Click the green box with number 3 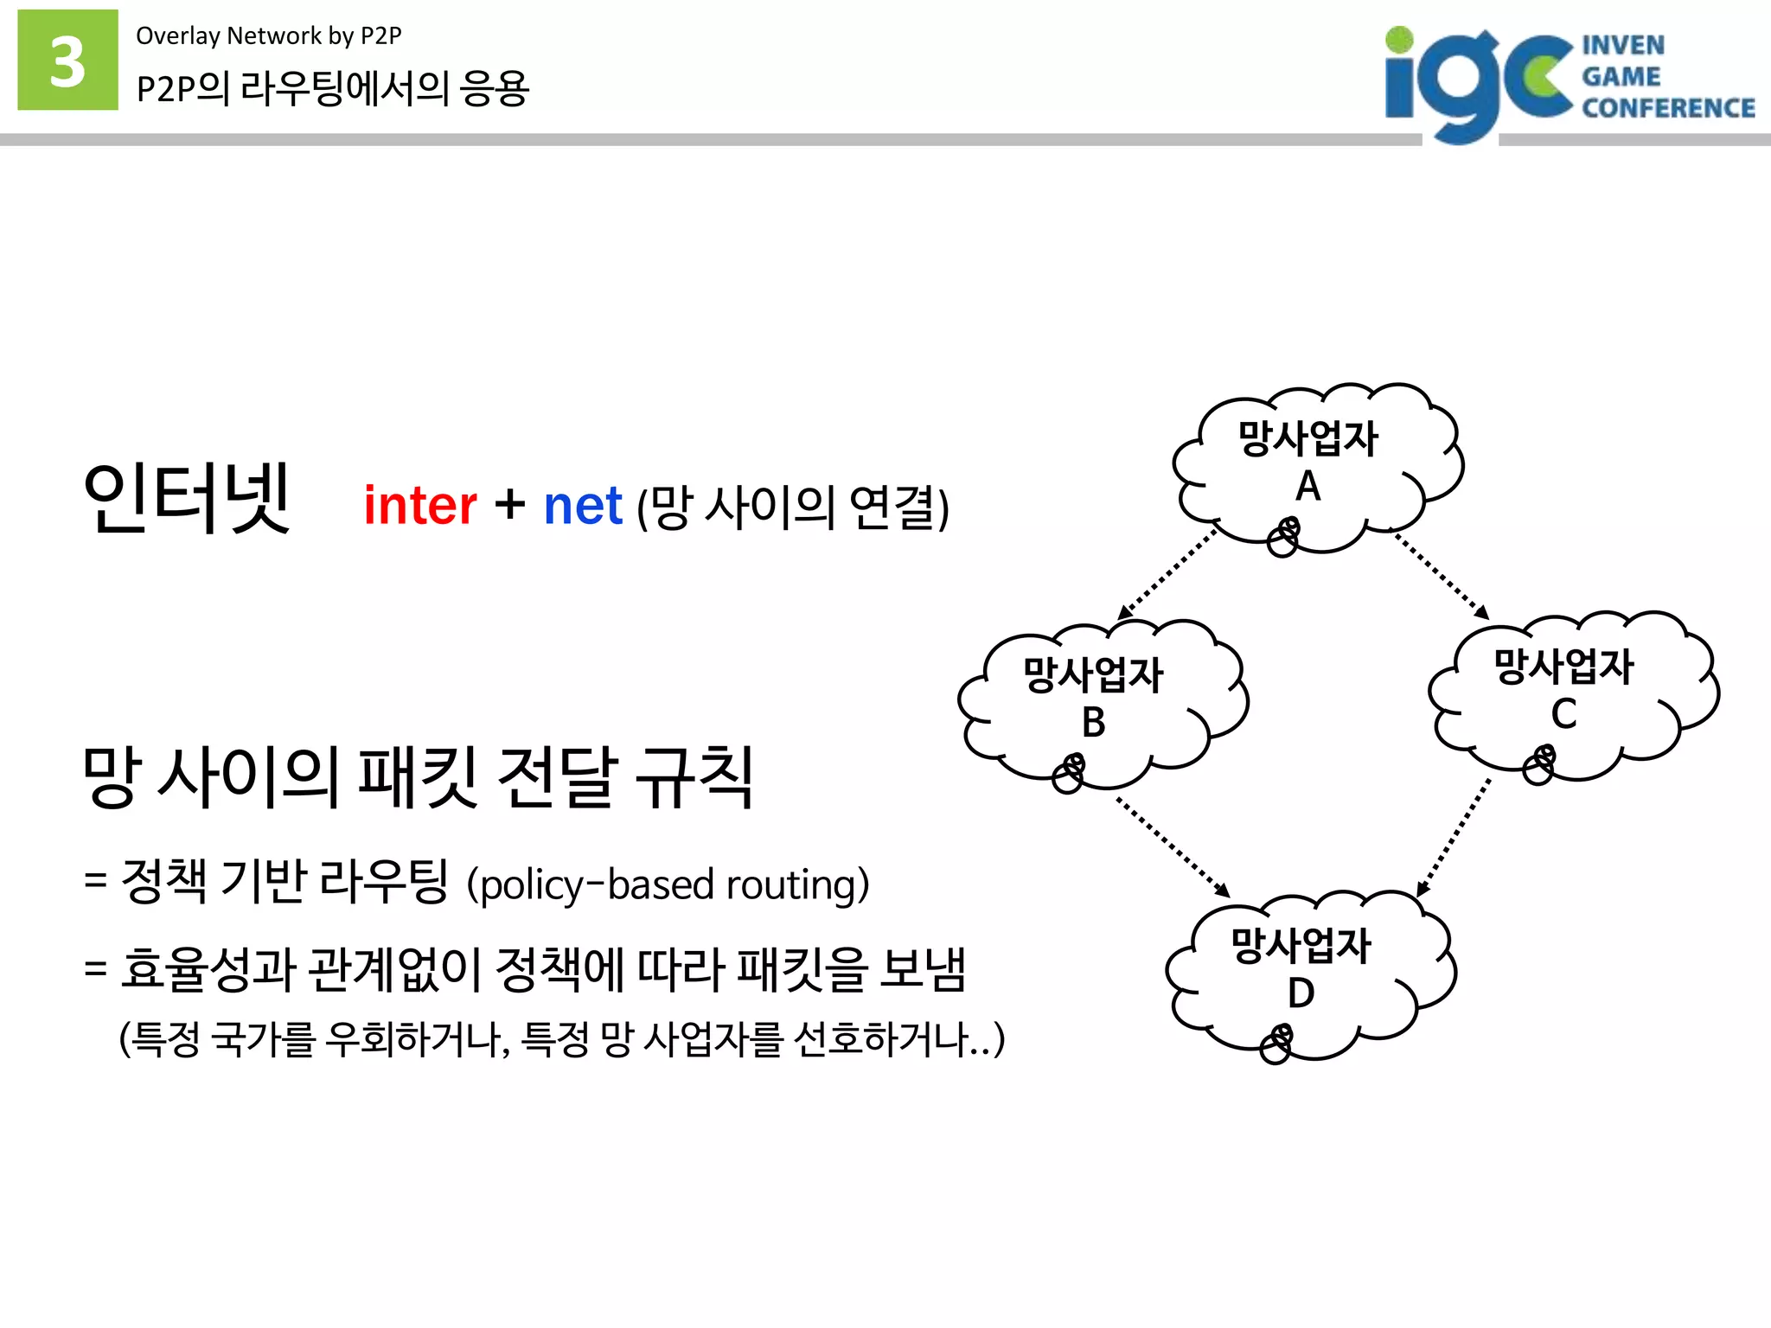67,60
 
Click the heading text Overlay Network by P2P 268,35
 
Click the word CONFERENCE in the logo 1667,108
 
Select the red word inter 419,506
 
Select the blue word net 582,506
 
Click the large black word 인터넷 186,499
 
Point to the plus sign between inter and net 510,504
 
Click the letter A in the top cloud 1307,486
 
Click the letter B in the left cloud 1093,722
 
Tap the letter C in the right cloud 1563,714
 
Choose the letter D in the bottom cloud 1301,993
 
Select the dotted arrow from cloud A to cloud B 1167,574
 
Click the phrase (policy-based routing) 668,884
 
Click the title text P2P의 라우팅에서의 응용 332,88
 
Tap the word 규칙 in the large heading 694,777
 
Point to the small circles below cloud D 1276,1044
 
